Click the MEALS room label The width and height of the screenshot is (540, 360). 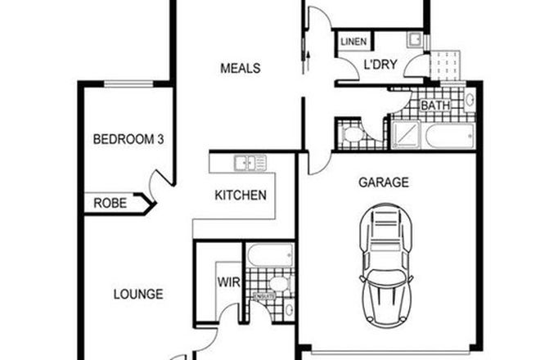240,68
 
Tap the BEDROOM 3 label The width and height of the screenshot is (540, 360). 128,139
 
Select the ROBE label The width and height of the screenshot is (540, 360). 110,203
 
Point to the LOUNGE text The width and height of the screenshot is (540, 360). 137,294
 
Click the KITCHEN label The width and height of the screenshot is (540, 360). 240,196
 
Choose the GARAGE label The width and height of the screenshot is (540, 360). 384,182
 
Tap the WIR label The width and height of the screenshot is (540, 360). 227,283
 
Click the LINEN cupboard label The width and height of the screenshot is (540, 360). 353,42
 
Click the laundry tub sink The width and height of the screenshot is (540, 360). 414,38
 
